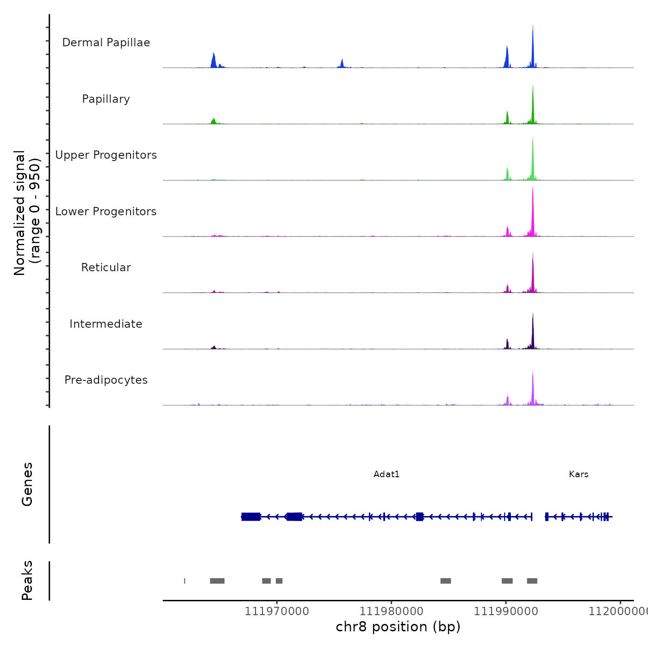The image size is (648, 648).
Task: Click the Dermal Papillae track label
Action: click(106, 43)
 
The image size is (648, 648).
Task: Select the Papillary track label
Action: click(106, 99)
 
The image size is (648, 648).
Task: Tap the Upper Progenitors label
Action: click(106, 155)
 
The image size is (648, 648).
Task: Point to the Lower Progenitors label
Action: click(106, 212)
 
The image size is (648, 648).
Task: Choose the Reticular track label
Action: click(106, 268)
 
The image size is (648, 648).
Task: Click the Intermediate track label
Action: click(106, 324)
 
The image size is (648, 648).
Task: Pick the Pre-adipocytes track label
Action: click(106, 380)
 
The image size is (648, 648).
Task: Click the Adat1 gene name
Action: click(386, 474)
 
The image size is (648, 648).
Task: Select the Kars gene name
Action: click(579, 474)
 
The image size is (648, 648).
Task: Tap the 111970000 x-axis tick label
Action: click(277, 611)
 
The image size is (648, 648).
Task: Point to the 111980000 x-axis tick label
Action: click(391, 611)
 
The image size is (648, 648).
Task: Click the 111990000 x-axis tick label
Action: click(506, 611)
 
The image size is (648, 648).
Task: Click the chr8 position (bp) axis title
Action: click(398, 627)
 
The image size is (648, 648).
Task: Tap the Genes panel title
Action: click(27, 484)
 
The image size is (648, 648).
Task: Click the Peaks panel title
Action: click(27, 580)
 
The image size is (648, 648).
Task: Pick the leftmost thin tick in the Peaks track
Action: click(185, 581)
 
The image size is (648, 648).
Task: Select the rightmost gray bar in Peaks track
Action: click(532, 581)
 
